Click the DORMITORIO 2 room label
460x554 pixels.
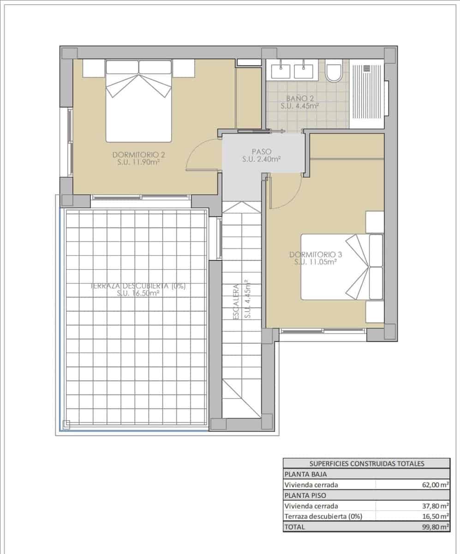tap(139, 158)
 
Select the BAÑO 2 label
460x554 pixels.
tap(300, 102)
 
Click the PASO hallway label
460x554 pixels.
tap(262, 155)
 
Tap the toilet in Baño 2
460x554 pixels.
tap(333, 72)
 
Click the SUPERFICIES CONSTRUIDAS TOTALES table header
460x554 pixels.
tap(366, 464)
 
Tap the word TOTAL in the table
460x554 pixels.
tap(295, 527)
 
